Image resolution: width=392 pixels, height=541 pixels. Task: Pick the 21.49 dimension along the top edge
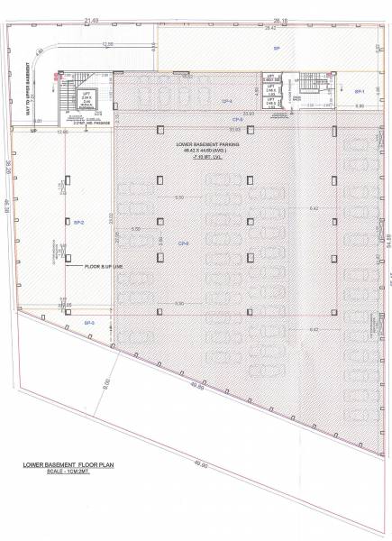pyautogui.click(x=89, y=18)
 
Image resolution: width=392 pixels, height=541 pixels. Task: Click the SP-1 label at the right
pyautogui.click(x=359, y=92)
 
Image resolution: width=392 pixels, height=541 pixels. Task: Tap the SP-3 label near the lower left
pyautogui.click(x=89, y=322)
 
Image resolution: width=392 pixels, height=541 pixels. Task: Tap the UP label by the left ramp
pyautogui.click(x=33, y=132)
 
